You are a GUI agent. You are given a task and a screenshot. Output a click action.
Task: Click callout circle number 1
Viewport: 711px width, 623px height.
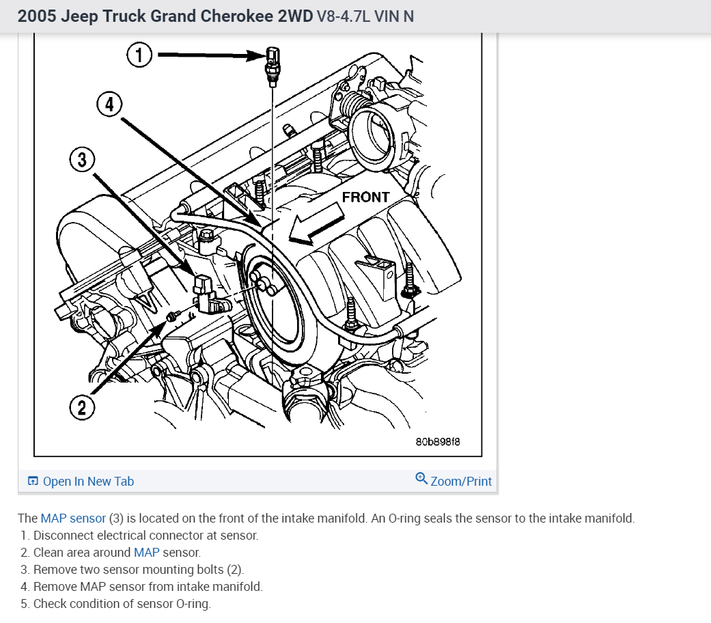(139, 55)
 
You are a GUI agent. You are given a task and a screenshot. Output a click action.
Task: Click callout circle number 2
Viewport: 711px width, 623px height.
(82, 408)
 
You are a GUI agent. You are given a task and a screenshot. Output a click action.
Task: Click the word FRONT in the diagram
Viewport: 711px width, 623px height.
(365, 197)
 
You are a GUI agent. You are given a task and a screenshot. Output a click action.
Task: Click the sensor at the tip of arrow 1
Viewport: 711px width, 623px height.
(272, 64)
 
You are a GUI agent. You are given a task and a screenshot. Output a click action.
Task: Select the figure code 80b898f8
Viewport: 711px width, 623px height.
(438, 442)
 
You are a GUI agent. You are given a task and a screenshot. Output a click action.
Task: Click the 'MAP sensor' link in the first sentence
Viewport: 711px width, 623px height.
(73, 518)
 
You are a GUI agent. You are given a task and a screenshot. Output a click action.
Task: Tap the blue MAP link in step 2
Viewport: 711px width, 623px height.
(146, 552)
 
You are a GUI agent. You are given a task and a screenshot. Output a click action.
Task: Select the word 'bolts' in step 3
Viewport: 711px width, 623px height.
(209, 569)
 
